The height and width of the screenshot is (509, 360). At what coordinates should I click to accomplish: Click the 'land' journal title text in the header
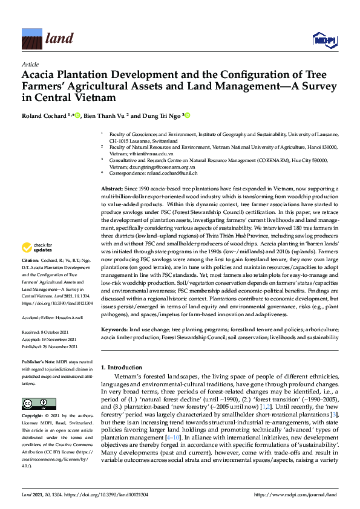pos(59,39)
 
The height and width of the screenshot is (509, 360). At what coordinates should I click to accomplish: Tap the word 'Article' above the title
pos(30,63)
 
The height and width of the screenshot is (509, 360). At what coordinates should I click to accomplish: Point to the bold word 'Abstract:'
pos(114,189)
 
